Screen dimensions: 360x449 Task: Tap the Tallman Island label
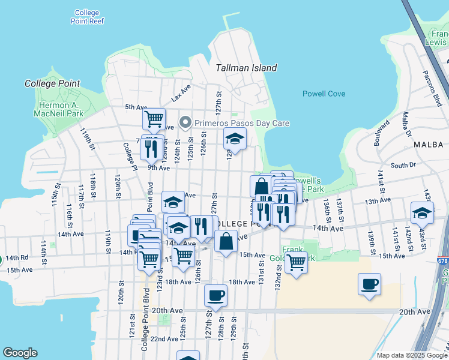coord(246,68)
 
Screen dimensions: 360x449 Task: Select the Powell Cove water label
coord(324,94)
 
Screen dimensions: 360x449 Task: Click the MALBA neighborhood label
coord(428,145)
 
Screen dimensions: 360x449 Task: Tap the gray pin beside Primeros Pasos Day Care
coord(185,123)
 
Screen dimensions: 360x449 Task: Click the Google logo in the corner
coord(20,353)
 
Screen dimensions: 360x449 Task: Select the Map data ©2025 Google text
coord(411,355)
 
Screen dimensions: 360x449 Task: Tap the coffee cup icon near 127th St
coord(215,295)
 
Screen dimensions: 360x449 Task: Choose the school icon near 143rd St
coord(422,213)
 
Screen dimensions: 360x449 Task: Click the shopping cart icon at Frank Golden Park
coord(295,262)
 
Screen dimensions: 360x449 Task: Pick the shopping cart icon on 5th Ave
coord(154,118)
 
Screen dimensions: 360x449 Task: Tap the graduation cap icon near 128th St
coord(235,139)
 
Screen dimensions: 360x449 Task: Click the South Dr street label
coord(403,165)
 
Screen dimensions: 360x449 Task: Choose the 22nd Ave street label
coord(164,339)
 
